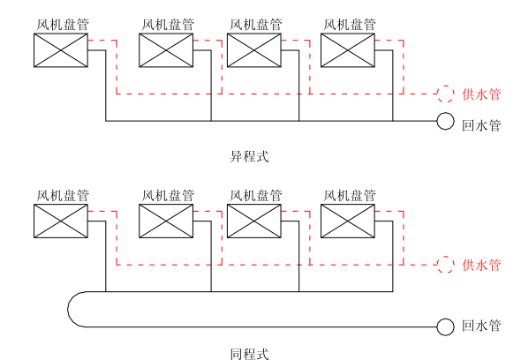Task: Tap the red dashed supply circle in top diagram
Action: [446, 94]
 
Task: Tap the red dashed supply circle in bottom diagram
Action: [446, 264]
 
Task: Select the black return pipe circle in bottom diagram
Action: [446, 326]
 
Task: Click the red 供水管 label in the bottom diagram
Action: [481, 265]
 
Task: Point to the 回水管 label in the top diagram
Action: [481, 124]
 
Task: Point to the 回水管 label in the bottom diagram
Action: [481, 326]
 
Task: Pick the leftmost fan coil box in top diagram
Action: [61, 50]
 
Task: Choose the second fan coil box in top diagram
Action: [167, 50]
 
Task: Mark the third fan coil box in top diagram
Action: [253, 50]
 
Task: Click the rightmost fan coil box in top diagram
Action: [347, 50]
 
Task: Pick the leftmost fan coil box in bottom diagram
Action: [61, 221]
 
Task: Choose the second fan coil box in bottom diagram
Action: [167, 221]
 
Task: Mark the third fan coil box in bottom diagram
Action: [253, 221]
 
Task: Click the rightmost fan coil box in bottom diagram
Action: [347, 221]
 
